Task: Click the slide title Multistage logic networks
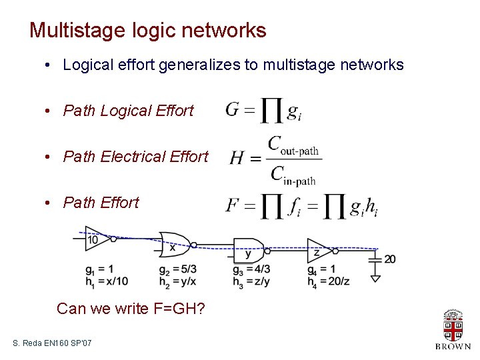[x=147, y=31]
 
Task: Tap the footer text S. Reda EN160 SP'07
[x=52, y=343]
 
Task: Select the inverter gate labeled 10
[x=95, y=239]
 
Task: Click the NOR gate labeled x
[x=173, y=245]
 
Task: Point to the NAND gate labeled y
[x=248, y=251]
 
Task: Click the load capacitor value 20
[x=390, y=259]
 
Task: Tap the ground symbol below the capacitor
[x=375, y=277]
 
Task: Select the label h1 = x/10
[x=107, y=281]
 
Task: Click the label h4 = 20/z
[x=328, y=281]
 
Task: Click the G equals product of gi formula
[x=263, y=111]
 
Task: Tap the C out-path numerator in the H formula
[x=293, y=145]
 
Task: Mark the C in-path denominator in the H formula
[x=293, y=175]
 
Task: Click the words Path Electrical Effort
[x=135, y=157]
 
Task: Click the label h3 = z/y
[x=251, y=281]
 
